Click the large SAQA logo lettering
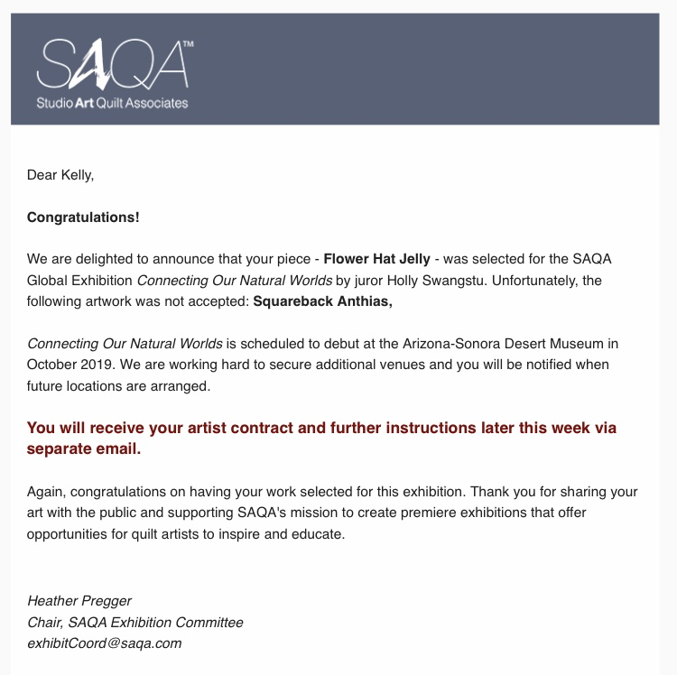coord(112,63)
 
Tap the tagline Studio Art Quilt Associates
coord(112,103)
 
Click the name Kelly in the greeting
coord(76,175)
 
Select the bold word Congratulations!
coord(83,217)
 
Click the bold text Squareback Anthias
coord(321,301)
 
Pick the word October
coord(52,365)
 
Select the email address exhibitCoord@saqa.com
coord(105,643)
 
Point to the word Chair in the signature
coord(45,622)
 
